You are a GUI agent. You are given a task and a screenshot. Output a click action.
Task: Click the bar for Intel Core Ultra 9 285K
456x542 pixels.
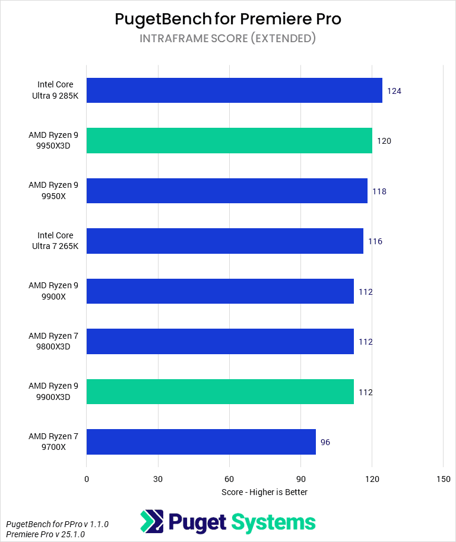click(x=234, y=90)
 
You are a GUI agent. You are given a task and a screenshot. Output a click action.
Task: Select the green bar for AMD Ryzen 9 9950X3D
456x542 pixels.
click(x=229, y=141)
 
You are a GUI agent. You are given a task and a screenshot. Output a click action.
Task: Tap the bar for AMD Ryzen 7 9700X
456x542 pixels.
click(x=201, y=442)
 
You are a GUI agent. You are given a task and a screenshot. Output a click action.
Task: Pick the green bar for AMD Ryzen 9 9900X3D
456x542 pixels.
click(x=220, y=392)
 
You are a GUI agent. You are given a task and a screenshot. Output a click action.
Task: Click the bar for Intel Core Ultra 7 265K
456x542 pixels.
click(x=224, y=241)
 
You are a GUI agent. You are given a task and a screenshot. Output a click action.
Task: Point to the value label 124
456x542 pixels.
click(x=394, y=91)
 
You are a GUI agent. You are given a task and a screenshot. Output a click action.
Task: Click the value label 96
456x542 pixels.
click(x=325, y=442)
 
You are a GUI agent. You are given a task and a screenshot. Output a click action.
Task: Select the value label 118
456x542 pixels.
click(x=379, y=191)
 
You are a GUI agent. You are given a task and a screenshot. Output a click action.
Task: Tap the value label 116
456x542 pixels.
click(x=375, y=241)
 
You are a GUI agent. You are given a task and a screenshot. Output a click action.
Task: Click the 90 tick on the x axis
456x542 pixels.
click(x=300, y=479)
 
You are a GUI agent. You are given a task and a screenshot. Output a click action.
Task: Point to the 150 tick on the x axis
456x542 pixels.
click(x=443, y=479)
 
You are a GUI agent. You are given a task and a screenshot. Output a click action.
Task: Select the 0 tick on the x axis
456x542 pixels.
click(x=87, y=479)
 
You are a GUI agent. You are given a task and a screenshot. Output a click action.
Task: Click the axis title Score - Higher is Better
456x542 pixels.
click(x=264, y=492)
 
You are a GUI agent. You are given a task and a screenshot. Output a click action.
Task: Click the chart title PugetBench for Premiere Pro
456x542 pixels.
click(x=228, y=19)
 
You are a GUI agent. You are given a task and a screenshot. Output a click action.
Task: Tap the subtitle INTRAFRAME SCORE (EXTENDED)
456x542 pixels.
click(x=228, y=39)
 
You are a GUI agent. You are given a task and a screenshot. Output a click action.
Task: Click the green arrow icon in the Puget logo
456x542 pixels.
click(x=151, y=522)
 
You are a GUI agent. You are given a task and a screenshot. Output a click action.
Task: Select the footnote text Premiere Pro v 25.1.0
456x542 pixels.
click(x=45, y=534)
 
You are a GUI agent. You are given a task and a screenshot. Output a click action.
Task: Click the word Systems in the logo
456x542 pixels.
click(x=273, y=522)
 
